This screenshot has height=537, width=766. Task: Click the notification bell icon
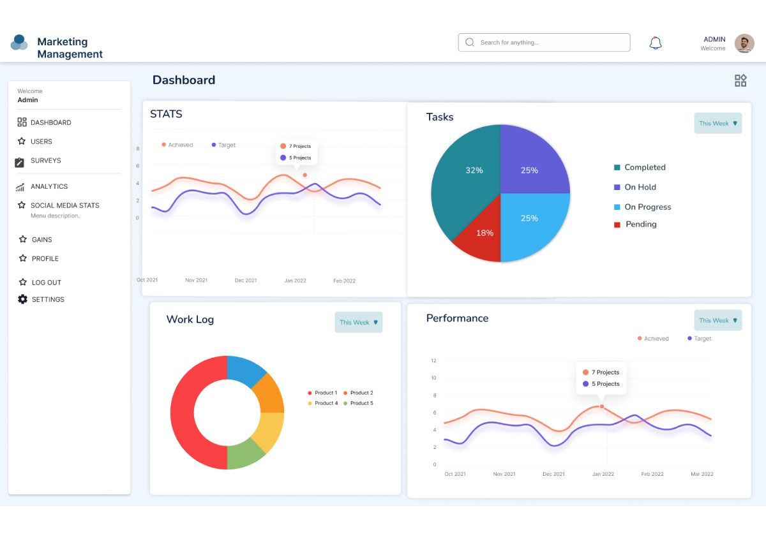click(656, 43)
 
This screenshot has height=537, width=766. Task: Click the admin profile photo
click(744, 43)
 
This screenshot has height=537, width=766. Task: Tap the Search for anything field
click(544, 43)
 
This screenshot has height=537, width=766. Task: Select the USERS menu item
click(41, 142)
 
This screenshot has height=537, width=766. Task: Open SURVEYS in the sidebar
click(45, 161)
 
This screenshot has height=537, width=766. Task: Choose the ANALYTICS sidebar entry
click(49, 186)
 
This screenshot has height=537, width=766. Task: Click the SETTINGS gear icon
click(23, 299)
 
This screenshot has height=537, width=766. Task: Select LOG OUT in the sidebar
click(46, 283)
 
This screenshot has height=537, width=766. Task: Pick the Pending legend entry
click(640, 224)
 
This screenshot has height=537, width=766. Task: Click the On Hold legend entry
click(640, 188)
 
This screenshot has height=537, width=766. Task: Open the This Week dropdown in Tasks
click(718, 123)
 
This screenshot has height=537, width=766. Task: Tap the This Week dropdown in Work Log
click(359, 322)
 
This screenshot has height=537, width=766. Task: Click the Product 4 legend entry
click(326, 403)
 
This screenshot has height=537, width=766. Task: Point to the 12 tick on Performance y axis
click(433, 361)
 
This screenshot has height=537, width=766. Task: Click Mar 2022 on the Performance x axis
click(701, 474)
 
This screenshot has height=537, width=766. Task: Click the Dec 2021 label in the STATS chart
click(246, 281)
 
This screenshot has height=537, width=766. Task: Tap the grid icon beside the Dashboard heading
click(740, 80)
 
